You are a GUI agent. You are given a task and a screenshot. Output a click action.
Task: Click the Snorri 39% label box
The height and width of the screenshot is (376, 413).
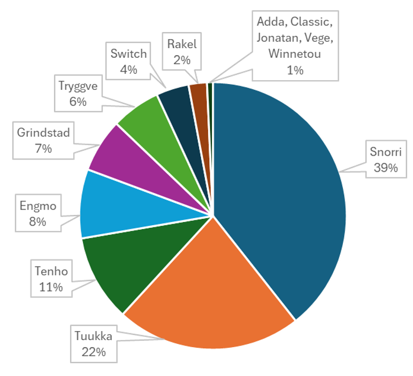[384, 159]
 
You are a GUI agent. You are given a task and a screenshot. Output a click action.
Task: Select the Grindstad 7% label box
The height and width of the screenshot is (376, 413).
[43, 141]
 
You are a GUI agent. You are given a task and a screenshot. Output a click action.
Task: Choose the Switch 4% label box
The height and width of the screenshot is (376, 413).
[128, 62]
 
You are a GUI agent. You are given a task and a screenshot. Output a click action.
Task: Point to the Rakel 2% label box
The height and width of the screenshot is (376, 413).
[182, 52]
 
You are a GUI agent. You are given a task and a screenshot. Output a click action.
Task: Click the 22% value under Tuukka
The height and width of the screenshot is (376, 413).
[94, 352]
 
